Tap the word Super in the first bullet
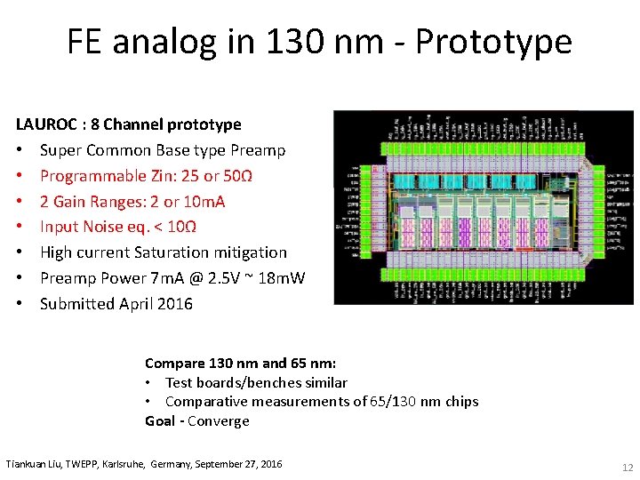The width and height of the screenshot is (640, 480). [60, 150]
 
